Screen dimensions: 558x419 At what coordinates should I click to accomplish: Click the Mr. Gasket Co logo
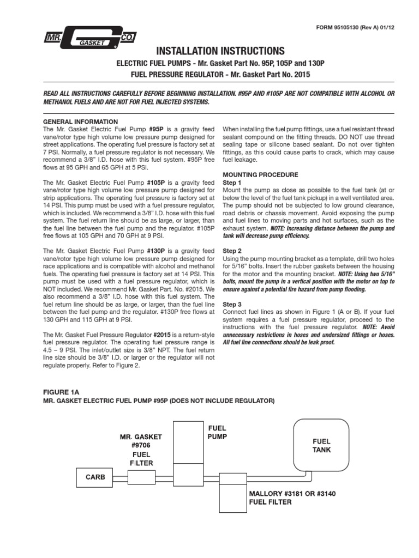coord(91,38)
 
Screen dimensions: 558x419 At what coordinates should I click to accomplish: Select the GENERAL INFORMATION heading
coord(80,122)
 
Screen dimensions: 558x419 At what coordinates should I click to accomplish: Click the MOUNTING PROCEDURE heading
coord(261,174)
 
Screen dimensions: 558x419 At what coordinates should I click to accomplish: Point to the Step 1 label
coord(232,182)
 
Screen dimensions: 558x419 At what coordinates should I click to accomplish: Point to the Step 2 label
coord(232,250)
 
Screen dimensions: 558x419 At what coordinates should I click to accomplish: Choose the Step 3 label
coord(232,304)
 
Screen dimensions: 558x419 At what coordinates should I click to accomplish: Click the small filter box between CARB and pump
coord(141,477)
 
